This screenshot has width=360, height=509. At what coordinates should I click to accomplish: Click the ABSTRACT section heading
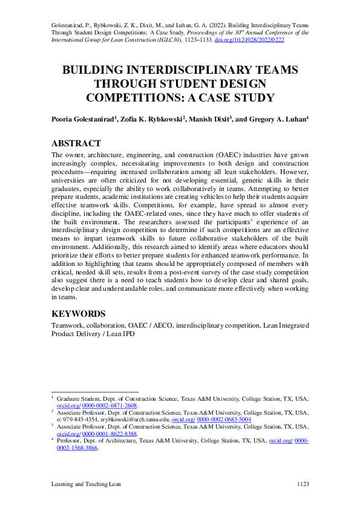(76, 143)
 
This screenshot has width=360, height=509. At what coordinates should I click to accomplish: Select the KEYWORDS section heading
(79, 314)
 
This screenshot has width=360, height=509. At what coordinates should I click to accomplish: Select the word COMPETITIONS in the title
(133, 97)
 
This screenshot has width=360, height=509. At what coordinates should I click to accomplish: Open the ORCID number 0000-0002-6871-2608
(110, 406)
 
